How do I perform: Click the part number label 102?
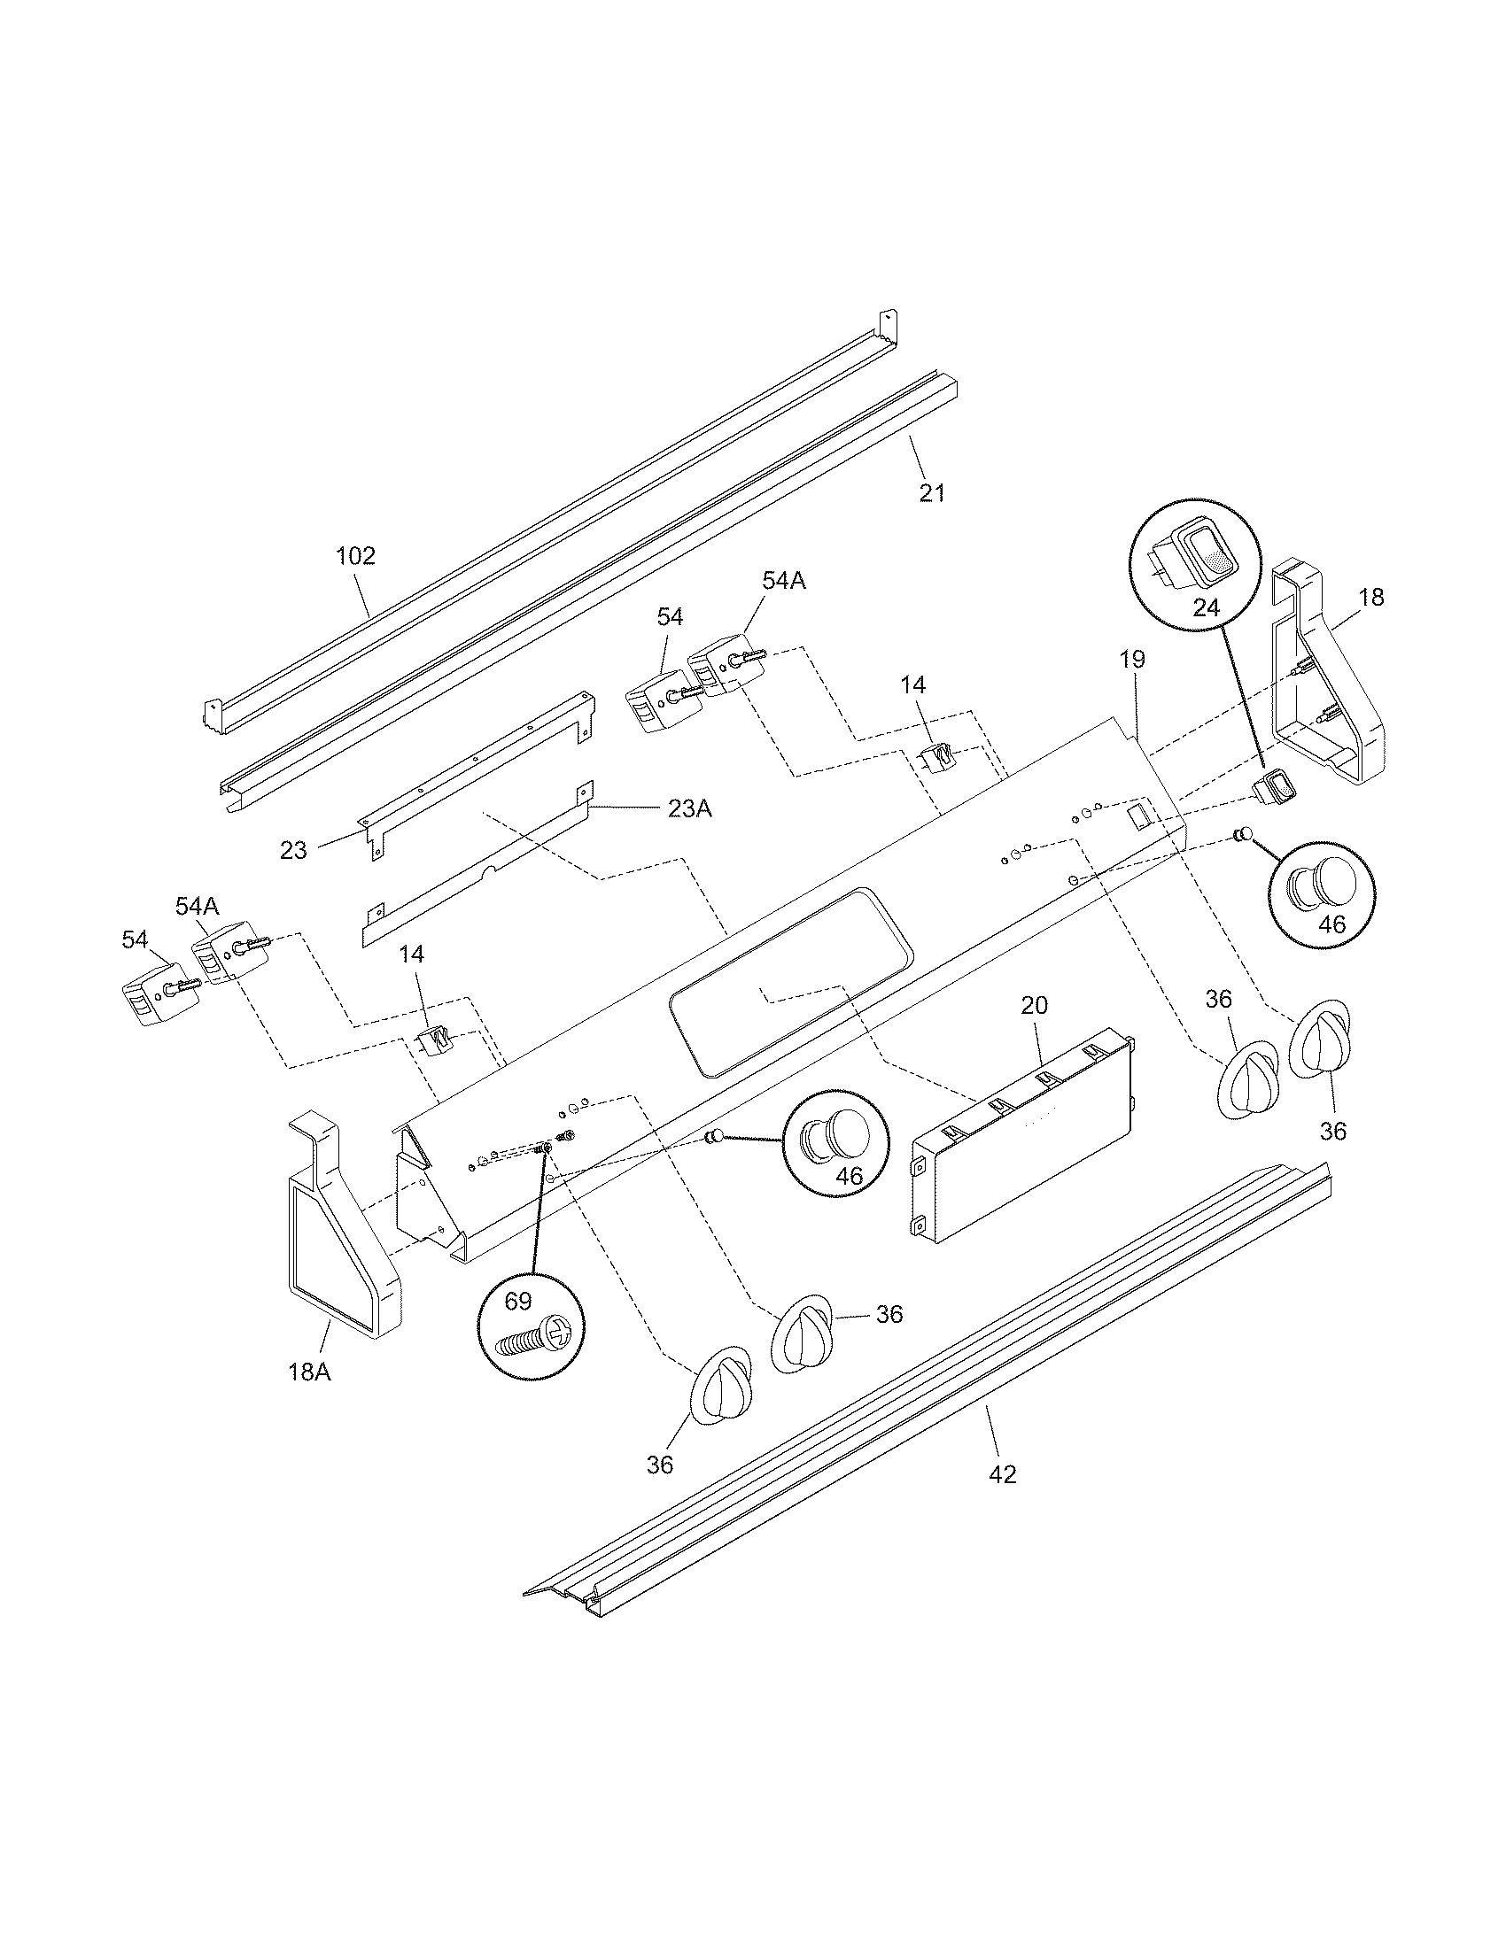click(355, 557)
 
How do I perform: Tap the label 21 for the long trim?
click(931, 492)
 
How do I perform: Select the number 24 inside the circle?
click(1206, 607)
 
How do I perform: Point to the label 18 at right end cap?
click(1370, 598)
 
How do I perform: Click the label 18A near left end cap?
click(308, 1371)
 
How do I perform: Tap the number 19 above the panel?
click(1132, 659)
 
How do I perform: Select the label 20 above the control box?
click(1034, 1005)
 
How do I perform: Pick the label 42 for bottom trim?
click(1003, 1474)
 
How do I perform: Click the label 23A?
click(688, 809)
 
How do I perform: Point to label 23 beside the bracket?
click(293, 850)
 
